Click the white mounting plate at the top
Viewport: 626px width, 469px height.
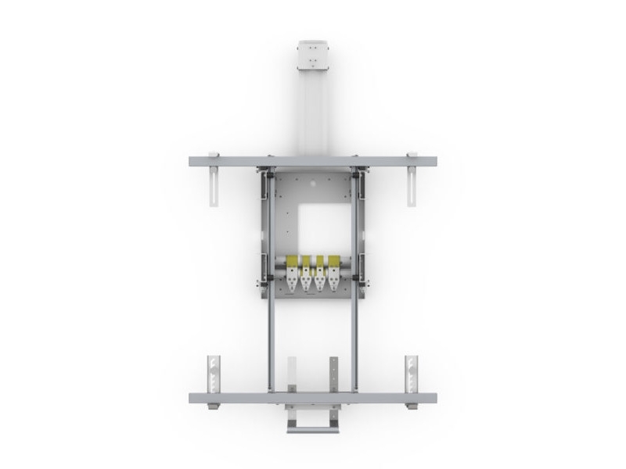[x=313, y=56]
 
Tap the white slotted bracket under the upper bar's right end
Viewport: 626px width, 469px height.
[x=412, y=188]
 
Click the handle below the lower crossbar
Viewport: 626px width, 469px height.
[x=312, y=426]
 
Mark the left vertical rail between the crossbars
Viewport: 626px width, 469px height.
[x=271, y=336]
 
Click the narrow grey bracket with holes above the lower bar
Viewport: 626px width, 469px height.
[x=334, y=374]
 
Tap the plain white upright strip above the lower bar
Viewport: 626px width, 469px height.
[x=292, y=374]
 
